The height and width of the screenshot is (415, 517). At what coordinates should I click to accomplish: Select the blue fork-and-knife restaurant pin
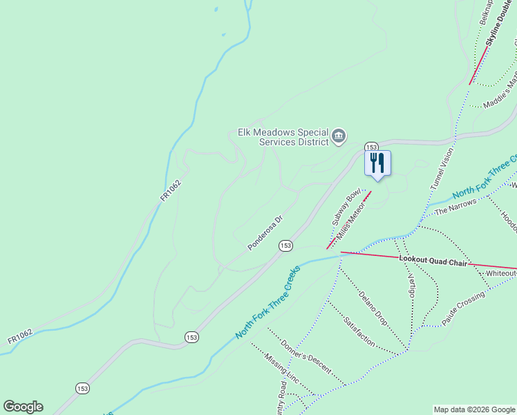(377, 164)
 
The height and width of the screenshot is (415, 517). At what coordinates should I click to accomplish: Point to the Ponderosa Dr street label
(265, 233)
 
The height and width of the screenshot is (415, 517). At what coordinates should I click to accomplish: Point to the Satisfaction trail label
(359, 332)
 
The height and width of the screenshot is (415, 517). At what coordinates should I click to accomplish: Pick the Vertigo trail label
(411, 284)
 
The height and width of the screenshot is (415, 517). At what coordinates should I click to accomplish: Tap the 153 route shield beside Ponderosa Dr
(286, 246)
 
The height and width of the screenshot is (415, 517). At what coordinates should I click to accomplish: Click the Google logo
(23, 406)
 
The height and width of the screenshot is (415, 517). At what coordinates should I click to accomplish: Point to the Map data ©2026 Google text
(474, 409)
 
